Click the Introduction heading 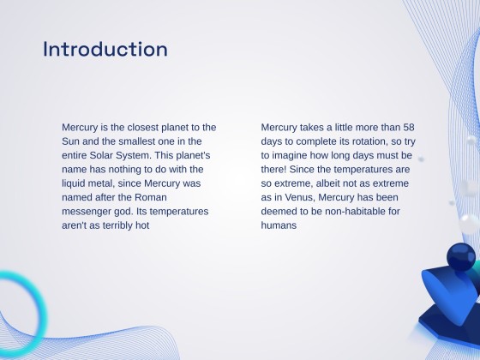pyautogui.click(x=105, y=49)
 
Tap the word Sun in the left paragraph pyautogui.click(x=70, y=141)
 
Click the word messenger pyautogui.click(x=89, y=211)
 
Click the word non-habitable pyautogui.click(x=357, y=211)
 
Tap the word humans pyautogui.click(x=279, y=225)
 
